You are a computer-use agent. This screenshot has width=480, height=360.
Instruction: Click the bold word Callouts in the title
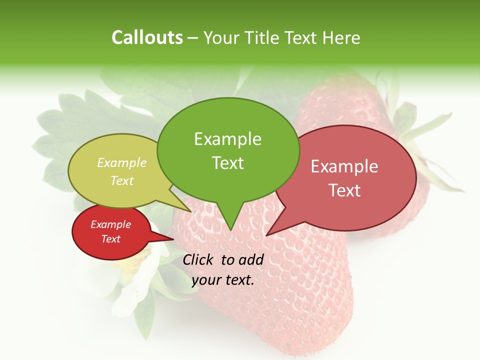(x=147, y=38)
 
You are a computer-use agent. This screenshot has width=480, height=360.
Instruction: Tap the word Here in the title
(x=341, y=38)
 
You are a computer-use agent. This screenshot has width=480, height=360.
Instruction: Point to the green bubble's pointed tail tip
(x=230, y=230)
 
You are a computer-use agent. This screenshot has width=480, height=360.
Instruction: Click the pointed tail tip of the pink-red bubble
(x=267, y=235)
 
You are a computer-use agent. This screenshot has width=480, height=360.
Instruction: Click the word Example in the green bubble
(x=227, y=139)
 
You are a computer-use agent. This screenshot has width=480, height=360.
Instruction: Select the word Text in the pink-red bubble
(x=344, y=190)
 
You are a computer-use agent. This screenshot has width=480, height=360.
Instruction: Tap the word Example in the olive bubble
(x=122, y=163)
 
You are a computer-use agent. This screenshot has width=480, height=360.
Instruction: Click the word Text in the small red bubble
(x=111, y=239)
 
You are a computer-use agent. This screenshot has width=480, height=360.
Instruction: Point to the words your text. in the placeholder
(x=223, y=280)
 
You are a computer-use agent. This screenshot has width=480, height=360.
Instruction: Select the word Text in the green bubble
(x=227, y=163)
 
